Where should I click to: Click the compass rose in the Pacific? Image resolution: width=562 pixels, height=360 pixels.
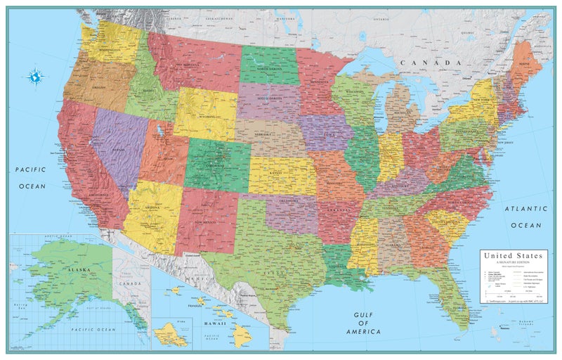coord(34,76)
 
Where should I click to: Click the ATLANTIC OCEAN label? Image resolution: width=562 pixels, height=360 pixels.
coord(526,217)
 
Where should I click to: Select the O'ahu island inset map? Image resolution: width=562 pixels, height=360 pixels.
coord(171,330)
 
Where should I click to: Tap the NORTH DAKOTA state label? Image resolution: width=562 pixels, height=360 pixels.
coord(268,68)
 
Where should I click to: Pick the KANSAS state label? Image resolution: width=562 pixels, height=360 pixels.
coord(280,172)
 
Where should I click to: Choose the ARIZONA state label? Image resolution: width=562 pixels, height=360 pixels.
coord(152,208)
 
